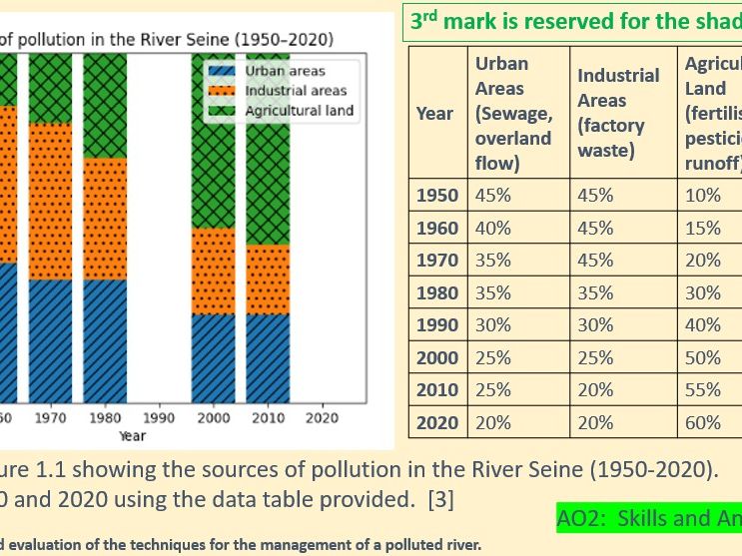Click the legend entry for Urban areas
point(285,72)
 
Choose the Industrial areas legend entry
point(295,91)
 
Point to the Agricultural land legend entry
point(299,110)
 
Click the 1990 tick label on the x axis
point(160,418)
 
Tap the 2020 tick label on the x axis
point(322,418)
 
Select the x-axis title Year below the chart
point(132,435)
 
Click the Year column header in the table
point(434,113)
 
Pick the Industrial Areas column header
point(618,113)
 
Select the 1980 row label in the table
point(437,292)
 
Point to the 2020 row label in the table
point(437,422)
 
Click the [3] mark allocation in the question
point(440,496)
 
